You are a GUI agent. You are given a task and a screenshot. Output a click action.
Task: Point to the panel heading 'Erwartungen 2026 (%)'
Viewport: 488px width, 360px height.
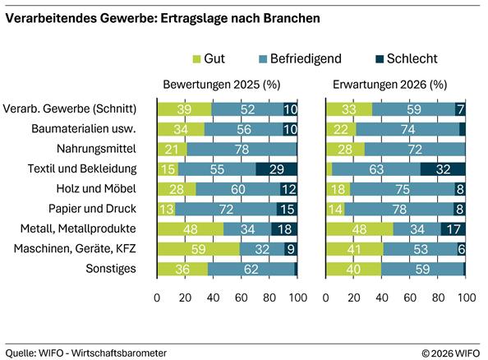pos(390,85)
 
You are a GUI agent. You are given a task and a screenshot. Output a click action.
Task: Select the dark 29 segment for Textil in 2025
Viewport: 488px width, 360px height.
pos(277,168)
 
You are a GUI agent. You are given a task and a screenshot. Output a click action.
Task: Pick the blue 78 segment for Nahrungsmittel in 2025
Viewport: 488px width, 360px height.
pos(242,149)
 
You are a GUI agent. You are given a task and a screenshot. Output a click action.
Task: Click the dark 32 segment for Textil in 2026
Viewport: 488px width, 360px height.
pos(443,168)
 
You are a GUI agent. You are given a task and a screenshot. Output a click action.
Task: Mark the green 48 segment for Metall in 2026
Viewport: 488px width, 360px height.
pos(359,229)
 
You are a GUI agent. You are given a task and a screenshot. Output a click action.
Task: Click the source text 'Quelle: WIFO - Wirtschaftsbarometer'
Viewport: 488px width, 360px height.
pos(86,352)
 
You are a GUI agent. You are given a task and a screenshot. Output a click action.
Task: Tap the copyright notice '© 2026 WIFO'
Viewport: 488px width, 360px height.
pos(450,352)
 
